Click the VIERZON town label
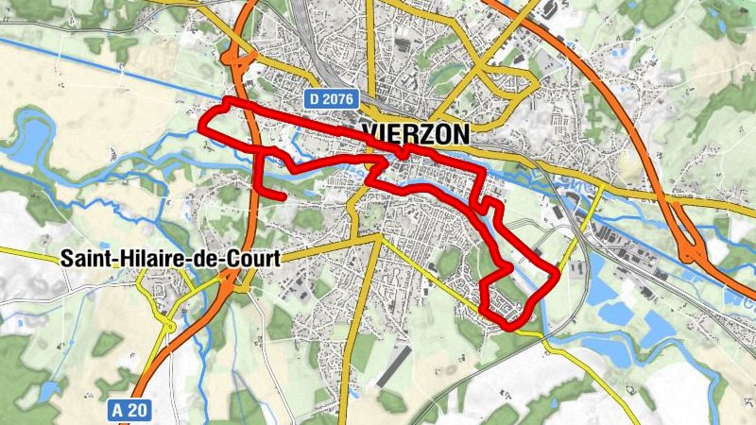[x=415, y=134]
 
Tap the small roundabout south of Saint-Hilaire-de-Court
[x=169, y=326]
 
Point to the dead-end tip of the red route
[x=283, y=195]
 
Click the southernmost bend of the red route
[x=515, y=326]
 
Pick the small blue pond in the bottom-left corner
[x=47, y=389]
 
